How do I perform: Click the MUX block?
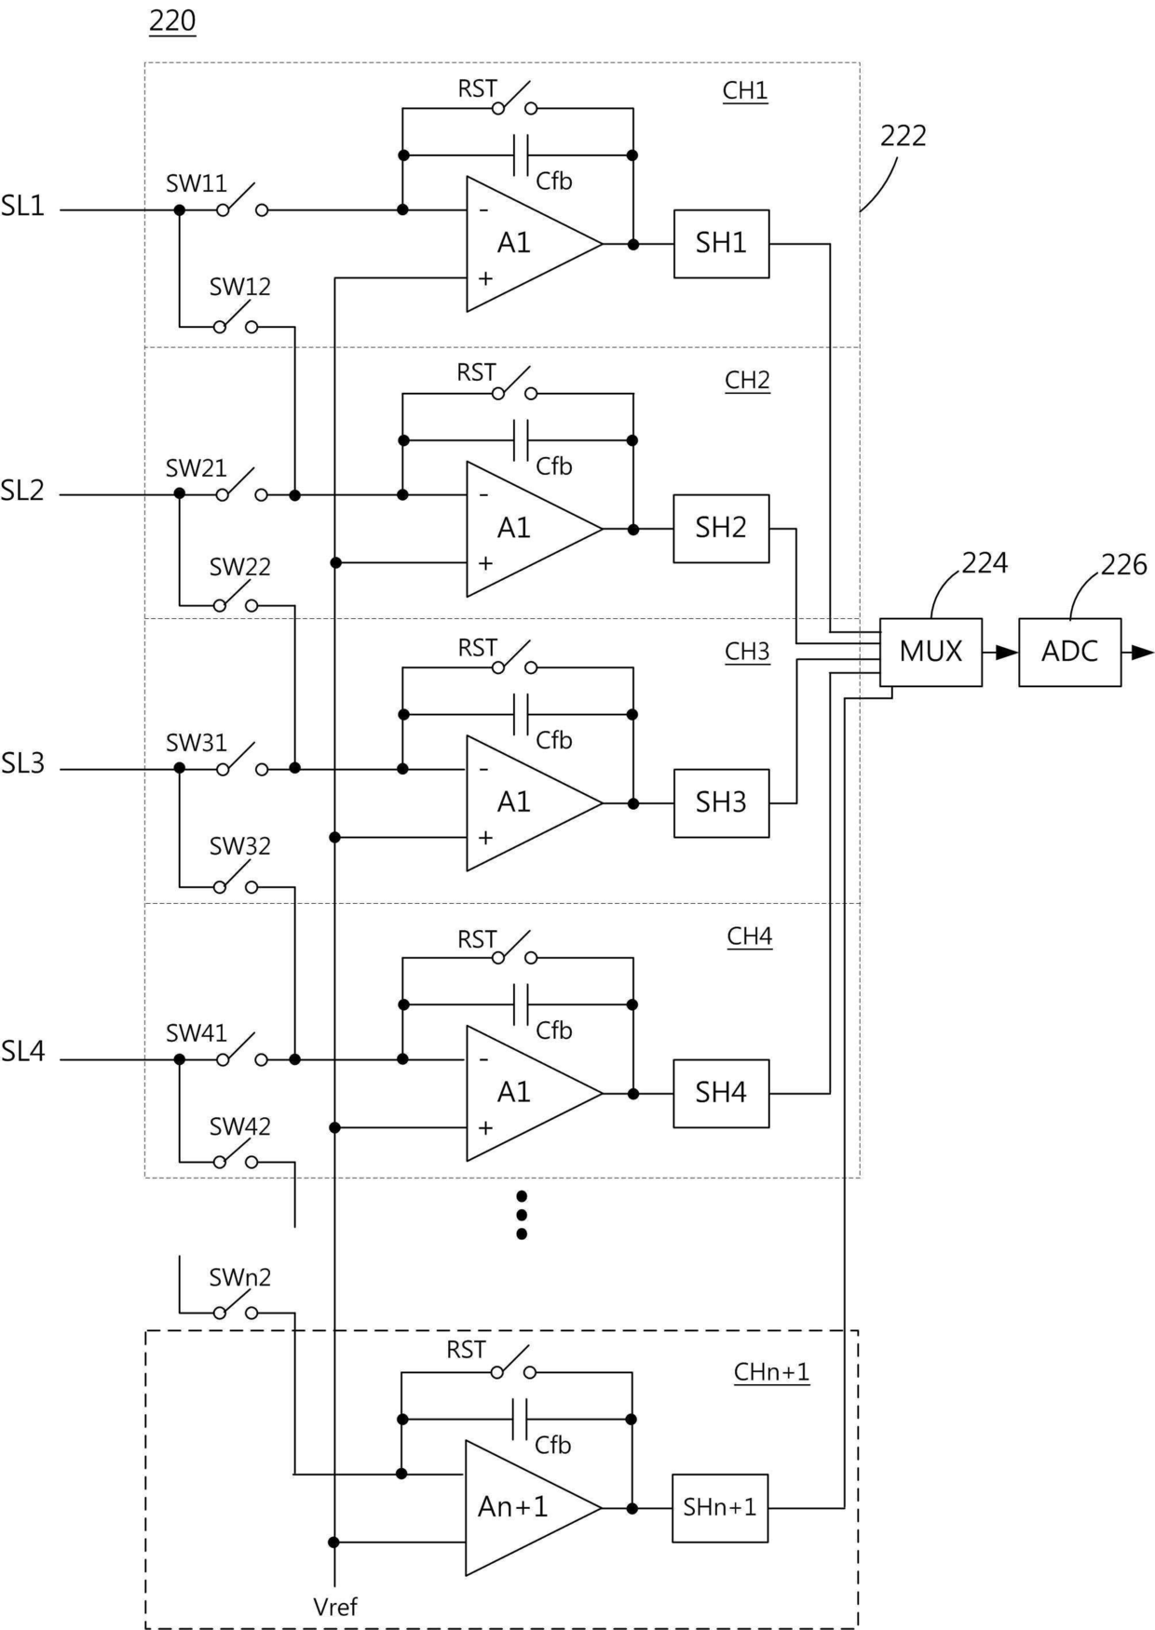pyautogui.click(x=931, y=652)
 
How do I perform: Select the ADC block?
pyautogui.click(x=1069, y=652)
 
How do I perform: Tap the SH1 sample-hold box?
pyautogui.click(x=721, y=243)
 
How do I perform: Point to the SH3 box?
pyautogui.click(x=721, y=802)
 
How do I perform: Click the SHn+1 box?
pyautogui.click(x=719, y=1507)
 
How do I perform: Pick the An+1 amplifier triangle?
pyautogui.click(x=522, y=1507)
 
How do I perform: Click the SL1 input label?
pyautogui.click(x=23, y=207)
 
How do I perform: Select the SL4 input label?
pyautogui.click(x=23, y=1052)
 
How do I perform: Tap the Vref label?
pyautogui.click(x=335, y=1607)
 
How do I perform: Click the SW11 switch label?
pyautogui.click(x=197, y=184)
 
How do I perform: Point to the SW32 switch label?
pyautogui.click(x=239, y=846)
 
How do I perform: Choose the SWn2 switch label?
pyautogui.click(x=239, y=1278)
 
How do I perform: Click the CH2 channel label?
pyautogui.click(x=747, y=380)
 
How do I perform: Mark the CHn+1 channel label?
pyautogui.click(x=771, y=1372)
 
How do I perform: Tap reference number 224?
pyautogui.click(x=985, y=563)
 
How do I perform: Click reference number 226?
pyautogui.click(x=1123, y=565)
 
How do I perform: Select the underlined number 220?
pyautogui.click(x=172, y=20)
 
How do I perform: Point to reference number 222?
pyautogui.click(x=903, y=136)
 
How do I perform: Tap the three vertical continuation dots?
pyautogui.click(x=522, y=1215)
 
